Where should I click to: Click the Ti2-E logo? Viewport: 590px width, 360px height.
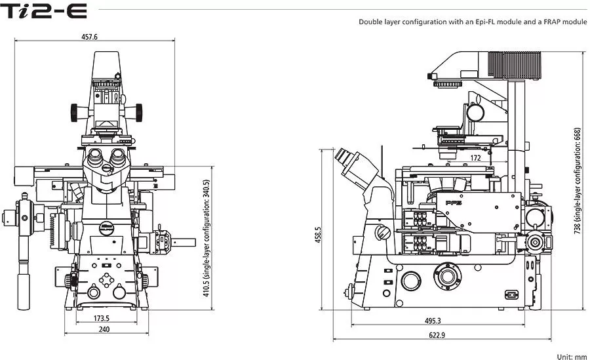(44, 11)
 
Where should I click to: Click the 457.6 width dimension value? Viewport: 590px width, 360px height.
(89, 37)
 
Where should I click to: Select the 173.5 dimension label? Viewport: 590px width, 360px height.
(102, 318)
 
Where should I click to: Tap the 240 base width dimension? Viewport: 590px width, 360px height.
(104, 329)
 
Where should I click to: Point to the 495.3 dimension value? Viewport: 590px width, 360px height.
(433, 321)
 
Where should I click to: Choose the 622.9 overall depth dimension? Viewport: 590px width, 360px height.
(437, 335)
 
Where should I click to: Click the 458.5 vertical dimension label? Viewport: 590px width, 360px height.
(319, 235)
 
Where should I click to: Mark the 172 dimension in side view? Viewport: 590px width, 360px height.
(476, 158)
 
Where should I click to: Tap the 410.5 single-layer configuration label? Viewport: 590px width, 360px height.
(206, 238)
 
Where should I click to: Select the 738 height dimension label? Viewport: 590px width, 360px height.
(578, 181)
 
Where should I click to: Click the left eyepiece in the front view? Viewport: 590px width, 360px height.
(94, 155)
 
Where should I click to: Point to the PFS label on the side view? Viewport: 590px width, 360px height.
(454, 203)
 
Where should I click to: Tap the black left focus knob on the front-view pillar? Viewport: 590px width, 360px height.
(74, 113)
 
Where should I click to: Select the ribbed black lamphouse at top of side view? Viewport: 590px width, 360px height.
(515, 65)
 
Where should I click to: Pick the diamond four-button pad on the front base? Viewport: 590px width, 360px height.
(106, 280)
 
